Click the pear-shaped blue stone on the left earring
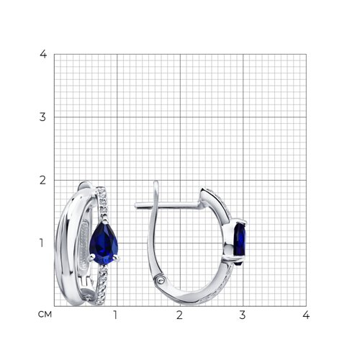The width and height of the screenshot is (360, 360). (104, 243)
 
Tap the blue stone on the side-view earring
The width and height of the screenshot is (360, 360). (240, 243)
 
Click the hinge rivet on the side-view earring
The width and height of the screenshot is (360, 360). (160, 279)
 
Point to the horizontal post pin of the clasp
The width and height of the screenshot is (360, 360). (168, 205)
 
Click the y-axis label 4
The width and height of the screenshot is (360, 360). (43, 54)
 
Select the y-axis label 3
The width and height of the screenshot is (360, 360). (42, 117)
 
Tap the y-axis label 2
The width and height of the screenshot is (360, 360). (42, 180)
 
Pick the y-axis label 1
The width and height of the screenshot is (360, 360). (42, 243)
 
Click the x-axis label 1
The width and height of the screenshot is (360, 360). (115, 315)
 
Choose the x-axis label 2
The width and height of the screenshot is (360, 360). (179, 315)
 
